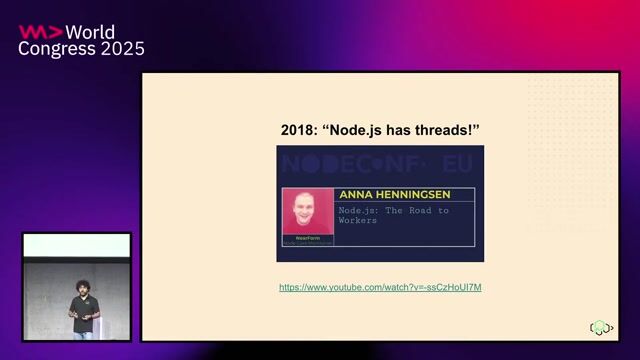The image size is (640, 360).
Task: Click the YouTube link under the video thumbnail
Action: click(x=380, y=287)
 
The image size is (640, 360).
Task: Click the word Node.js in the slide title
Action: click(x=364, y=131)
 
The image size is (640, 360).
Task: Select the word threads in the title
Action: click(x=447, y=131)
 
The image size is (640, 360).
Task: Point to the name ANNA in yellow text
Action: click(x=357, y=194)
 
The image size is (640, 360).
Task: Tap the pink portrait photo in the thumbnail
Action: click(x=307, y=212)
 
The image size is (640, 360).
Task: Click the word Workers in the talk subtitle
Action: click(x=357, y=221)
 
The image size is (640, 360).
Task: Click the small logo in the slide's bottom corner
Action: click(x=600, y=327)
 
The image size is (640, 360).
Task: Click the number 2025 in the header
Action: click(x=118, y=49)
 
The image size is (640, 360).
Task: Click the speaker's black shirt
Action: click(x=84, y=312)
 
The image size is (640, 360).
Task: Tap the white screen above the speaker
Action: click(x=77, y=245)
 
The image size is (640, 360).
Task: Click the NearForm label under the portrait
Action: click(x=307, y=239)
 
